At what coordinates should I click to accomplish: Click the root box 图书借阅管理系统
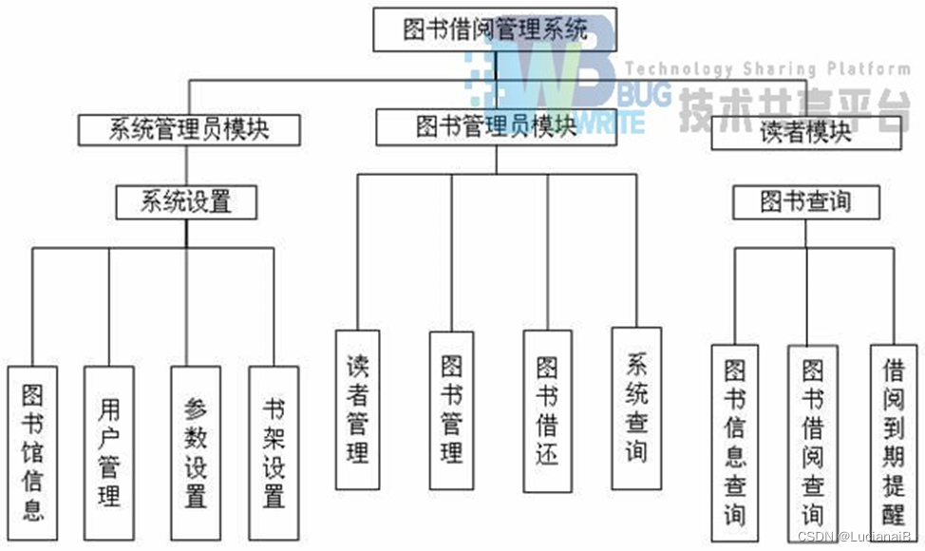tap(495, 28)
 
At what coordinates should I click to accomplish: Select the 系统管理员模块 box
tap(189, 129)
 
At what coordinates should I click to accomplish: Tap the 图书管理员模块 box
tap(496, 126)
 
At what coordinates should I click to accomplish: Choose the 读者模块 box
tap(805, 133)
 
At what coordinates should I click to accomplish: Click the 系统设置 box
tap(186, 201)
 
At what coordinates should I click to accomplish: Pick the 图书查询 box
tap(805, 201)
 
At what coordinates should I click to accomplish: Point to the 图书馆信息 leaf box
tap(32, 451)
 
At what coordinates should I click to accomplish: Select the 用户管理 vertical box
tap(108, 451)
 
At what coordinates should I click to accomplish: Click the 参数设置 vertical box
tap(196, 451)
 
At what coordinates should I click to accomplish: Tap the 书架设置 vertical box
tap(274, 451)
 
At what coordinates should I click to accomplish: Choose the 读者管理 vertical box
tap(357, 408)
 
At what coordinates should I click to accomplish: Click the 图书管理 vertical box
tap(451, 408)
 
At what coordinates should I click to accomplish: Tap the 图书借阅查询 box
tap(812, 442)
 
